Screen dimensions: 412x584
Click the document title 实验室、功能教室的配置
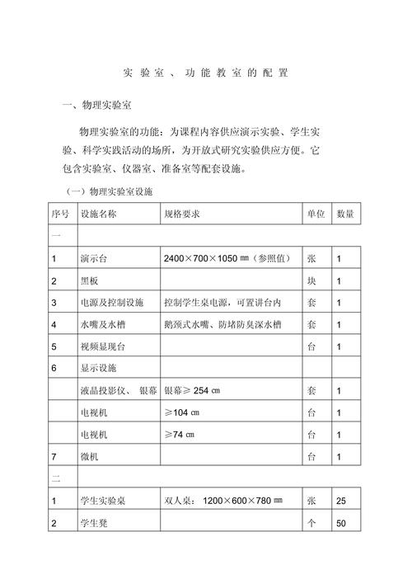click(x=206, y=73)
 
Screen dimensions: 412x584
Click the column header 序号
click(x=61, y=214)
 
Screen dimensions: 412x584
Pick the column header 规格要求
click(x=182, y=214)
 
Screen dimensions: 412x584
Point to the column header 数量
click(x=344, y=214)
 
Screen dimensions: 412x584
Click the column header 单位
click(x=316, y=214)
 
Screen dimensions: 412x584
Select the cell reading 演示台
click(x=94, y=259)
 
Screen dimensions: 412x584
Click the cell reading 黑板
click(x=89, y=281)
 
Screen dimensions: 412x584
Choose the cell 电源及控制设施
click(x=111, y=303)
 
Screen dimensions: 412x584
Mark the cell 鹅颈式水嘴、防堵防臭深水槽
click(x=223, y=325)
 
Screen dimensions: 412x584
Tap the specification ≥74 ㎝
click(x=181, y=434)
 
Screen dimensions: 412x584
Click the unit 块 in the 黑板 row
click(x=312, y=281)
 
